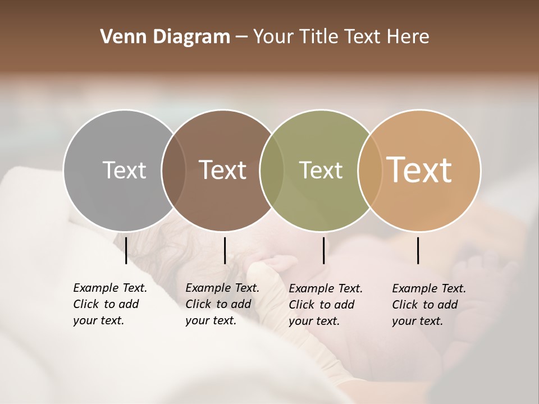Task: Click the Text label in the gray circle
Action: [x=124, y=170]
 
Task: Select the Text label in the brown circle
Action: [x=223, y=170]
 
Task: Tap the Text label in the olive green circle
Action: [x=321, y=170]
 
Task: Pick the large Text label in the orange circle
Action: [x=419, y=170]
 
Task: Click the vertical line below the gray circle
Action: [x=126, y=250]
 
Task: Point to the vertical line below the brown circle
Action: [x=225, y=250]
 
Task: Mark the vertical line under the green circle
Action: [x=324, y=250]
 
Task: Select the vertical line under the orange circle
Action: [x=418, y=250]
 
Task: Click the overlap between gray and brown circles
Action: [x=173, y=170]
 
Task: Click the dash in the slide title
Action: [x=241, y=38]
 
